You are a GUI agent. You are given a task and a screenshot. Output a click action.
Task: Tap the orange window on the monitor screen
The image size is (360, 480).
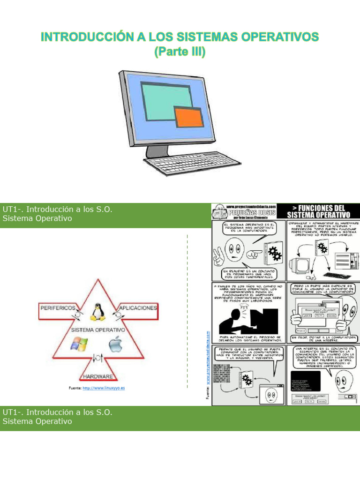click(188, 117)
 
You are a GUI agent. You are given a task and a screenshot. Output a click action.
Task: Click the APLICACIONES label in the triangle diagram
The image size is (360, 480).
click(138, 308)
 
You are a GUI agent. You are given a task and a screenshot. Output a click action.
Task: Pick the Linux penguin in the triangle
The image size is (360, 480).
click(97, 312)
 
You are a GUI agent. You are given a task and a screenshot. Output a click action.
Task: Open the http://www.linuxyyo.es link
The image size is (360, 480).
click(104, 388)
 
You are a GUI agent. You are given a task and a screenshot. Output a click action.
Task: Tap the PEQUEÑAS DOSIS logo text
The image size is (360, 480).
click(251, 212)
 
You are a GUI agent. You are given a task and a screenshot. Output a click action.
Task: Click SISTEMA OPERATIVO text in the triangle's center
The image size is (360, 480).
click(97, 330)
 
